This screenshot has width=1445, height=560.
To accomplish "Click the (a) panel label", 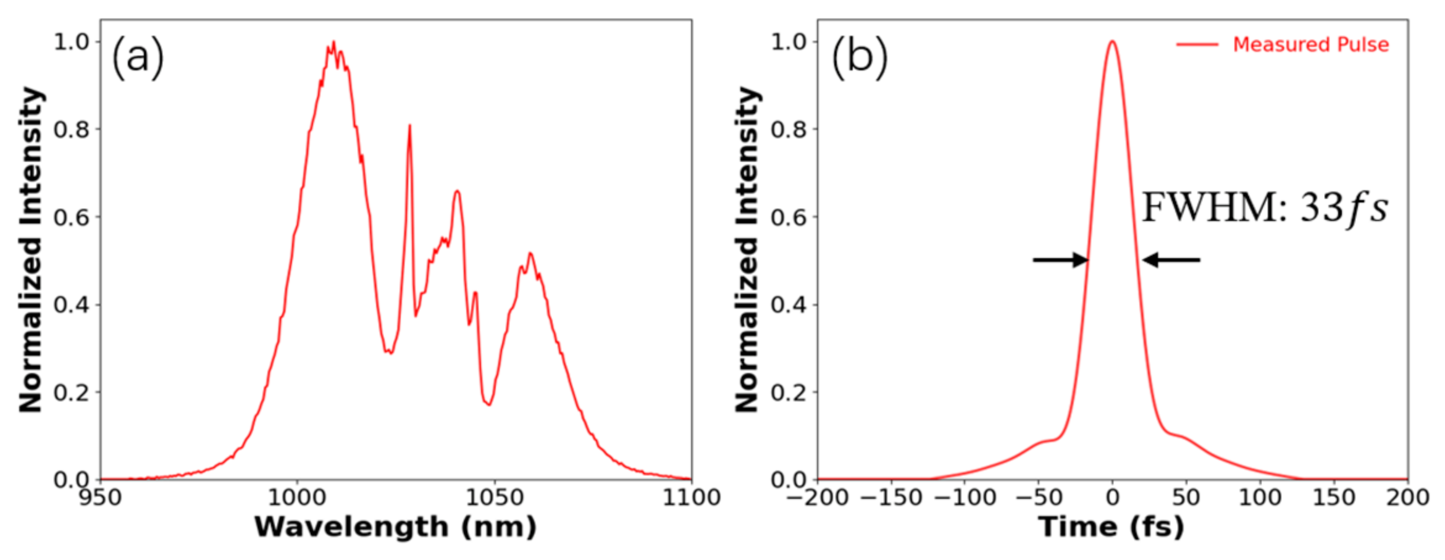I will click(x=138, y=57).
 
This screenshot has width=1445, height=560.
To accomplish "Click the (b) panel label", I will click(x=860, y=57).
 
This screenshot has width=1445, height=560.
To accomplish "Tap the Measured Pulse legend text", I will click(x=1310, y=44).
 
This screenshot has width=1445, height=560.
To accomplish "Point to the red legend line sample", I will click(x=1197, y=44).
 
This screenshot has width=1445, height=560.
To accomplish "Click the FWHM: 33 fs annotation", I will click(x=1265, y=207).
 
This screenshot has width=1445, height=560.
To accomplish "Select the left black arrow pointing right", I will click(x=1060, y=260).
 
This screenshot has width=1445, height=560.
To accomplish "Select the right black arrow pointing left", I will click(x=1171, y=260).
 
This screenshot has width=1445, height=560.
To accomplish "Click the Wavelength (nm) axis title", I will click(x=395, y=527).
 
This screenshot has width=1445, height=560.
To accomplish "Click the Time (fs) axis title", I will click(x=1111, y=527).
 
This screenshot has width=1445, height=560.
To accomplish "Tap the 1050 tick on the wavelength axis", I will click(x=494, y=497).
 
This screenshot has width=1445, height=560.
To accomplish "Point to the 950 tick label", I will click(x=100, y=497).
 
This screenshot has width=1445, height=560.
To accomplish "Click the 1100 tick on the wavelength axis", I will click(x=691, y=497).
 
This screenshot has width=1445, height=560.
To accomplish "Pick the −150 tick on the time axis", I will click(x=891, y=497).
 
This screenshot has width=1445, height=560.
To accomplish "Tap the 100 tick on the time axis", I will click(x=1260, y=497).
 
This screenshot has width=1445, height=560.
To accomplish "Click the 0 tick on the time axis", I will click(x=1112, y=497).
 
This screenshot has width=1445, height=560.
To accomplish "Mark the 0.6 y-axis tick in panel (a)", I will click(x=71, y=217).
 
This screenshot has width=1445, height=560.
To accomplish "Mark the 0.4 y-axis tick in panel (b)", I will click(x=788, y=305).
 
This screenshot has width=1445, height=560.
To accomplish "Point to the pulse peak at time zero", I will click(x=1112, y=42).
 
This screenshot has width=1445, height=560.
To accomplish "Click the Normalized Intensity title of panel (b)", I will click(x=747, y=249).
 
